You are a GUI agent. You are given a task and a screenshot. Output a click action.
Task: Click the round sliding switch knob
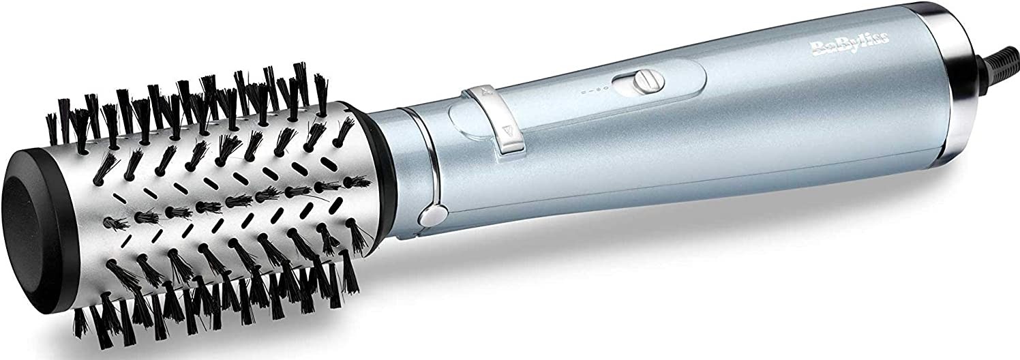point(640,82)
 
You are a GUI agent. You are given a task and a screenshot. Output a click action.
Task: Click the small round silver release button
point(427,217)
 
